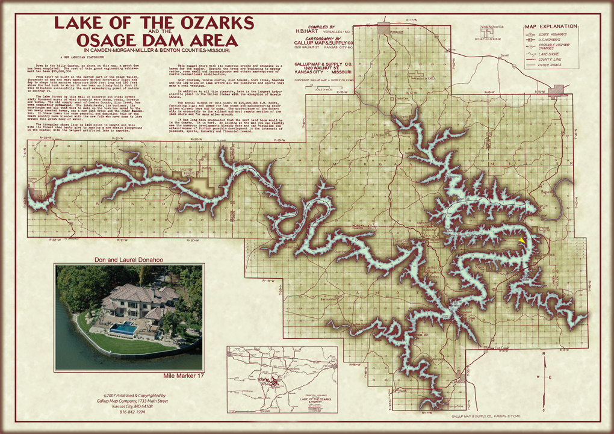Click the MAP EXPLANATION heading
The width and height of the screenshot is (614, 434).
(x=551, y=27)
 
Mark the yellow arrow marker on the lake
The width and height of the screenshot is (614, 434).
(x=522, y=240)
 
